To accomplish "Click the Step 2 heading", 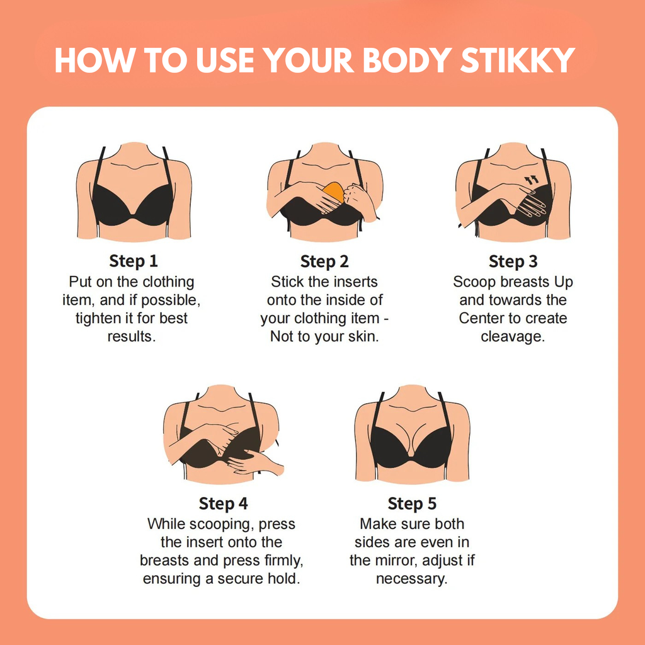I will coord(324,261).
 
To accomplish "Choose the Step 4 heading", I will coord(224,504).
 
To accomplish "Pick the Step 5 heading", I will coord(412,504).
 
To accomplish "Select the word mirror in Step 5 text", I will coord(401,560).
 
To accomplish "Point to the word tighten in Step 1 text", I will coord(100,318).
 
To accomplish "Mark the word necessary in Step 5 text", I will coord(411,578).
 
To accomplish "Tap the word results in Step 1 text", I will coord(131,336).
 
